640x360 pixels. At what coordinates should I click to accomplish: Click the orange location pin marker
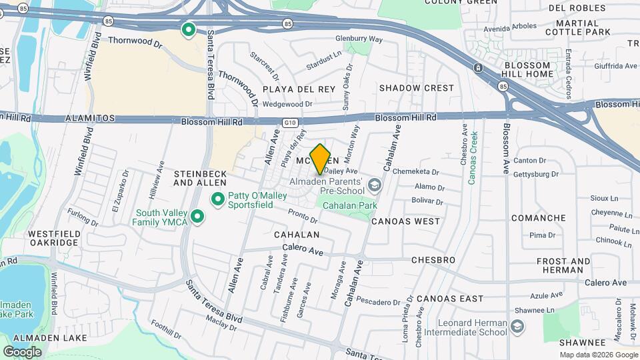pyautogui.click(x=321, y=159)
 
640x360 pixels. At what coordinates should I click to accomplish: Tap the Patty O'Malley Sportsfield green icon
pyautogui.click(x=217, y=199)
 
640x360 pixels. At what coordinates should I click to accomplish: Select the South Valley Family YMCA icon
pyautogui.click(x=197, y=217)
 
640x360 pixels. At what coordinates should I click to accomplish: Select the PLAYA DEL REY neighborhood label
pyautogui.click(x=299, y=89)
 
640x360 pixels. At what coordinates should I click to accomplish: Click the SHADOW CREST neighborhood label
pyautogui.click(x=417, y=88)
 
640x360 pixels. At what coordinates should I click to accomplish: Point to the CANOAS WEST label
pyautogui.click(x=405, y=221)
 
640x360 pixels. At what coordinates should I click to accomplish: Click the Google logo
pyautogui.click(x=22, y=351)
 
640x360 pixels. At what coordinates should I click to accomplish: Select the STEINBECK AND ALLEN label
pyautogui.click(x=201, y=178)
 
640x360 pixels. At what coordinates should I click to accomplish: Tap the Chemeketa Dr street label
pyautogui.click(x=416, y=171)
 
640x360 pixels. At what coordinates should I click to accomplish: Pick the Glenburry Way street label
pyautogui.click(x=359, y=39)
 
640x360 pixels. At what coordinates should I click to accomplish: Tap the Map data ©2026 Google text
pyautogui.click(x=597, y=355)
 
